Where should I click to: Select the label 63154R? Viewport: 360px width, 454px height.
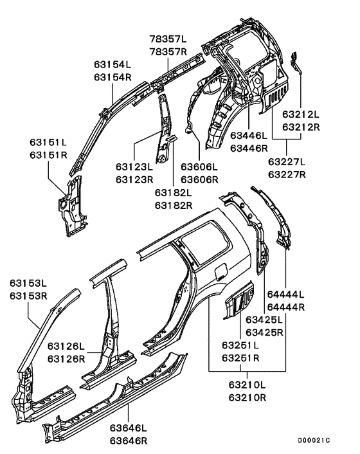(113, 77)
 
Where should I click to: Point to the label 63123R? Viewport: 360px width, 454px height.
(135, 179)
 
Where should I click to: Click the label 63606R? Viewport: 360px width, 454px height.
(200, 179)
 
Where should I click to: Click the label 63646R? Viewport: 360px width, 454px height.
(128, 441)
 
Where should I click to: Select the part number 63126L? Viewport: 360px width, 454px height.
(67, 347)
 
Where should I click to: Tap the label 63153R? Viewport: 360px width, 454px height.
(28, 296)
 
